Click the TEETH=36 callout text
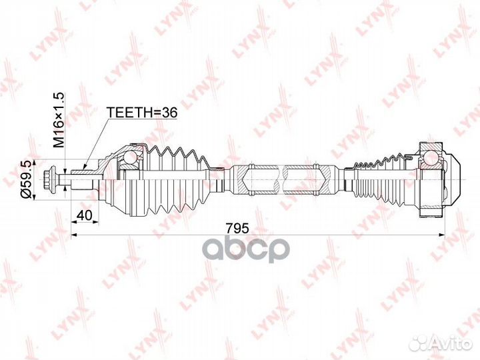[142, 113]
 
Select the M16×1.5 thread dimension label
[59, 120]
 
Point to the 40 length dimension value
[84, 215]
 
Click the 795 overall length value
[237, 228]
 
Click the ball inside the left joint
[129, 157]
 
